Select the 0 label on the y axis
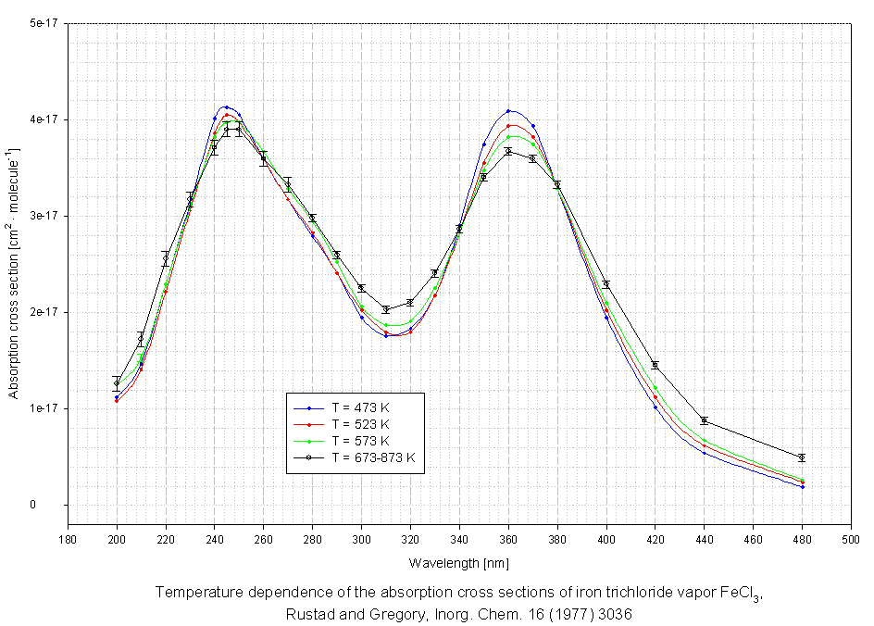pos(58,505)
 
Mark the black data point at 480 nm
pos(802,457)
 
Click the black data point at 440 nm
pos(704,420)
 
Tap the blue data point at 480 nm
pos(802,486)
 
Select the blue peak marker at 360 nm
pos(508,111)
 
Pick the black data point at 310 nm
pos(386,309)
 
